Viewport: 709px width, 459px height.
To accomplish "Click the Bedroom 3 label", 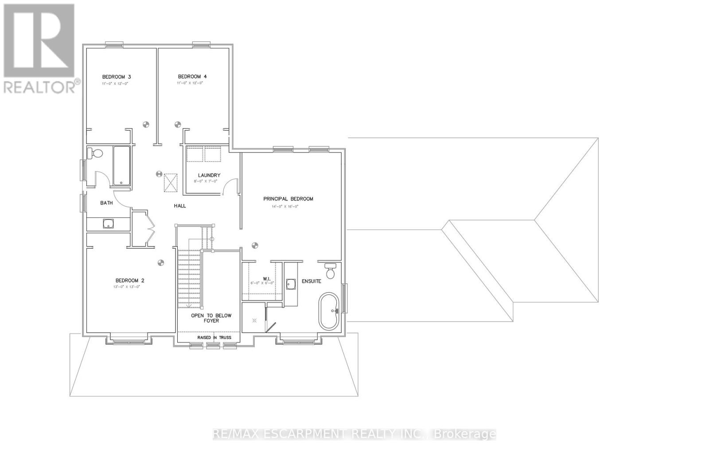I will point(117,77).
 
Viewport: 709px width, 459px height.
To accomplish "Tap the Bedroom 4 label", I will point(192,76).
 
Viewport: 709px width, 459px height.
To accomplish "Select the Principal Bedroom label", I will point(288,199).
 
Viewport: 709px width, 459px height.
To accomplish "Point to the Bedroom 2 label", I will point(130,280).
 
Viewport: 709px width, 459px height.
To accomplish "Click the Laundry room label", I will point(209,175).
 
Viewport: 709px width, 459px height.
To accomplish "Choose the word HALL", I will point(180,206).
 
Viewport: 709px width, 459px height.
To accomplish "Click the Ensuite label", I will point(312,281).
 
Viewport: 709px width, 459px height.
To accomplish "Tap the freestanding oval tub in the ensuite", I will point(329,311).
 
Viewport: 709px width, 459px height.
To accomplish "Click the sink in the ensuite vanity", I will point(291,283).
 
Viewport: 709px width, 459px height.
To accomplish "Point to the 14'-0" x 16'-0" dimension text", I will point(288,207).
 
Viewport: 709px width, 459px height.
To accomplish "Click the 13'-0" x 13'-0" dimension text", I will point(130,287).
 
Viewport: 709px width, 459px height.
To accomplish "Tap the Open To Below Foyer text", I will point(211,318).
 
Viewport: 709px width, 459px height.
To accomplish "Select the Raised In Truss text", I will point(214,338).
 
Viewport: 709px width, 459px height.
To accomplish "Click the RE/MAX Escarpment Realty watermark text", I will point(354,434).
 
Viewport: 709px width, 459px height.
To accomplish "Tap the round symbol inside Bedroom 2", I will point(160,263).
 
